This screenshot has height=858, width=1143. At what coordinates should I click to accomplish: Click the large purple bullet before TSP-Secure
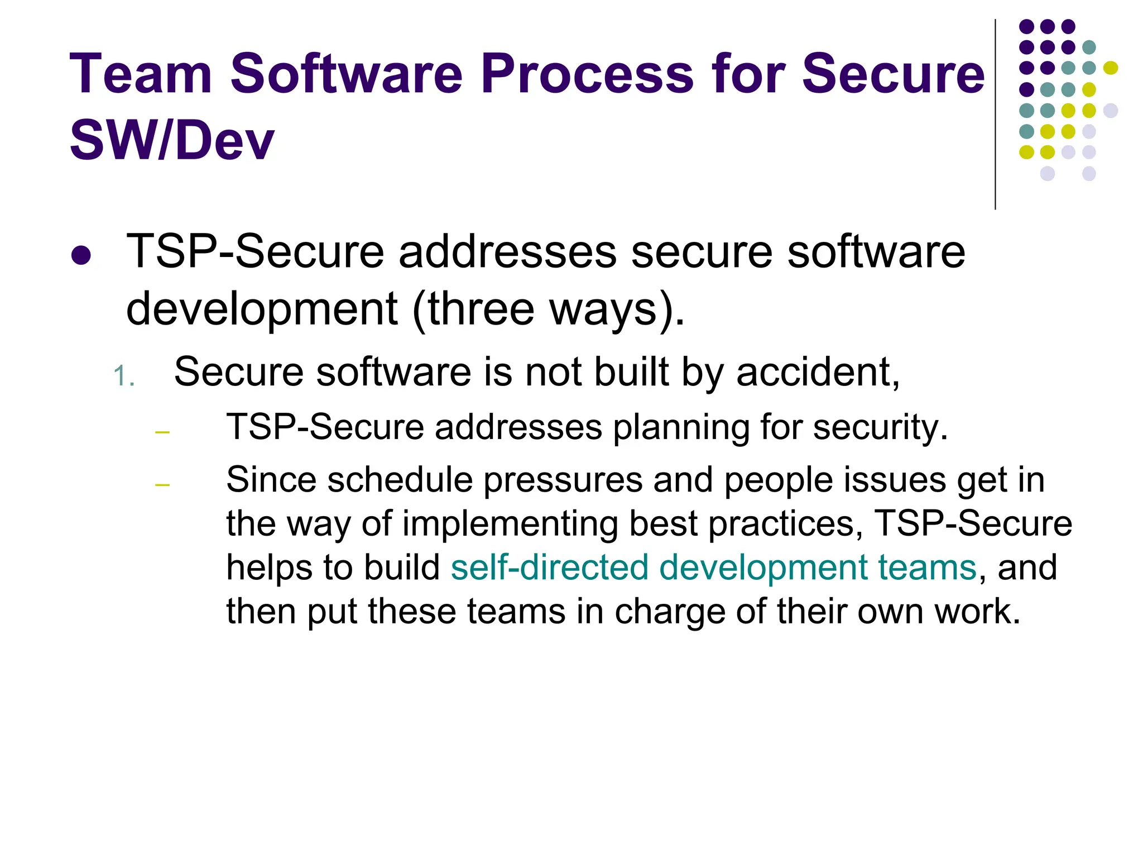(81, 255)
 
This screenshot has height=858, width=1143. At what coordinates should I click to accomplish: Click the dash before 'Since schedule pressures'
(162, 484)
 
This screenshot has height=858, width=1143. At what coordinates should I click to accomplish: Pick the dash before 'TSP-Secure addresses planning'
(162, 432)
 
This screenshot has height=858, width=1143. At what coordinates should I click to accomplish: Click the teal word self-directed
(549, 568)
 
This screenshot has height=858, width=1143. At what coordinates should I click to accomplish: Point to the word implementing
(510, 524)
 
